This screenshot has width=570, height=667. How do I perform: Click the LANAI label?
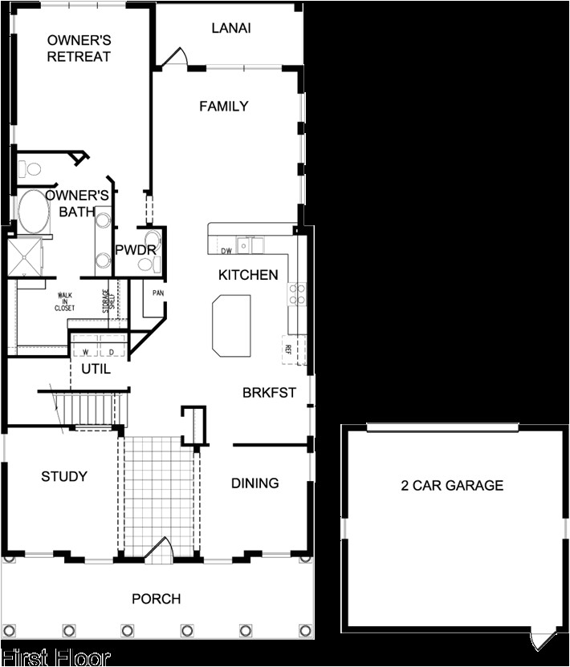point(231,28)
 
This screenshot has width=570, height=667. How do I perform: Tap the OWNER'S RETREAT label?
point(79,48)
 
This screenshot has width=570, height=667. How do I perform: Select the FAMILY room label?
point(224,106)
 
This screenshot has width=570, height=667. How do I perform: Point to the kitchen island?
point(231,325)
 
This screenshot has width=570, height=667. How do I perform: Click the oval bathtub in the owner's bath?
point(34,210)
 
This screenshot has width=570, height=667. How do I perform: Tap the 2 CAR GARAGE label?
point(452,485)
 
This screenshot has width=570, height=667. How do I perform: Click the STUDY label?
point(64,476)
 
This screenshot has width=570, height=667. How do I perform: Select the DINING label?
point(255,483)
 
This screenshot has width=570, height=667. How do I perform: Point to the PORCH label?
point(156,599)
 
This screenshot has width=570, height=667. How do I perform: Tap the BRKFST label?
point(270,393)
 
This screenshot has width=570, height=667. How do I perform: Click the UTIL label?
point(96,370)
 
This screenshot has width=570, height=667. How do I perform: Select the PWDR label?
point(136,250)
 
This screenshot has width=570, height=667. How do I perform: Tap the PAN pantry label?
point(159,293)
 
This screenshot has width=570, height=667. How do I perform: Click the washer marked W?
point(85,350)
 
